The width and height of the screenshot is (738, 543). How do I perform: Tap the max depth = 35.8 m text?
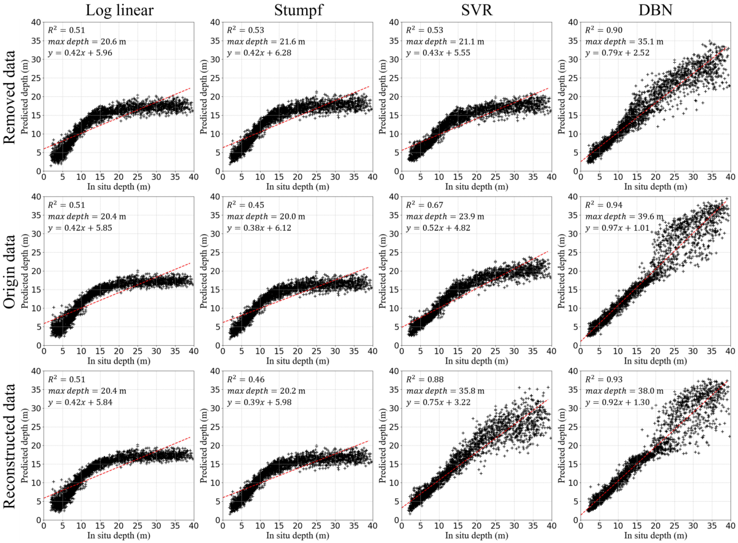click(x=445, y=391)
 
